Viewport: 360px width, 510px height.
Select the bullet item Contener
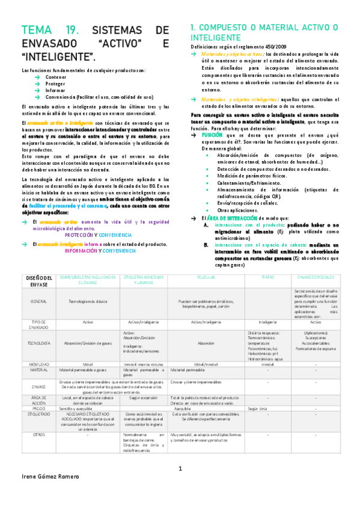click(x=56, y=78)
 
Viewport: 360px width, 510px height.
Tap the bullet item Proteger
click(x=56, y=84)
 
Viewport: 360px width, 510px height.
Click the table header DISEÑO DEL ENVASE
click(x=38, y=280)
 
